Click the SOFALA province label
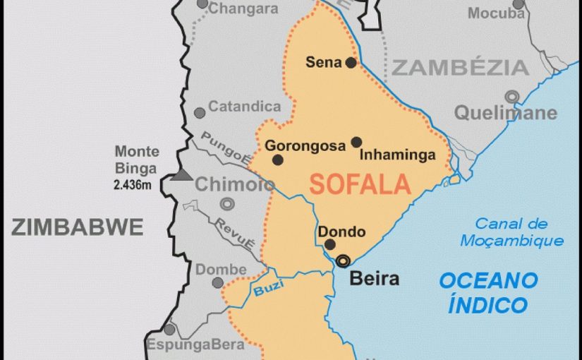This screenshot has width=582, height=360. click(x=360, y=184)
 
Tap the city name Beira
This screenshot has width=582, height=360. click(x=375, y=278)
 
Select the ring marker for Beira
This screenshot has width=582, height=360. click(x=343, y=260)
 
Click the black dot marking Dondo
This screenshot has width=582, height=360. click(x=329, y=245)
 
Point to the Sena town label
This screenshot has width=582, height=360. click(x=323, y=62)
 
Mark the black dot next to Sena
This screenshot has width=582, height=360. click(x=351, y=62)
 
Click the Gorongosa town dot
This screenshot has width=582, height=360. click(x=278, y=160)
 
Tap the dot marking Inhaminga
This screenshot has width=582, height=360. click(x=356, y=142)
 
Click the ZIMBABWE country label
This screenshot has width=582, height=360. click(x=77, y=227)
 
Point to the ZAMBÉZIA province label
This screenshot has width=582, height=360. click(x=460, y=68)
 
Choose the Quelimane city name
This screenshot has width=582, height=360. click(x=505, y=112)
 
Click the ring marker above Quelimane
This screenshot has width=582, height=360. click(x=511, y=96)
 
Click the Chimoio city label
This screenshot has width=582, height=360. click(x=225, y=185)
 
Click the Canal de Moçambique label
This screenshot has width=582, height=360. click(x=511, y=232)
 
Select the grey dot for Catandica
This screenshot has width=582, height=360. click(x=200, y=112)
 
